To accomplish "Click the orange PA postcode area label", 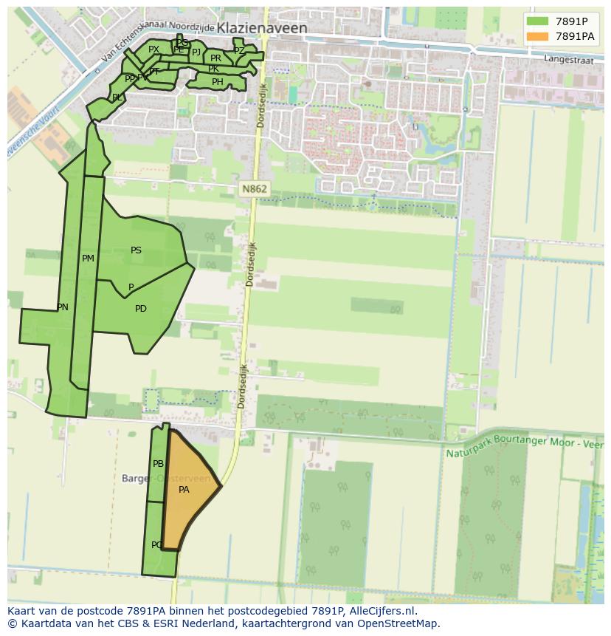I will click(184, 489).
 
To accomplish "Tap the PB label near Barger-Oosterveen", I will click(158, 464).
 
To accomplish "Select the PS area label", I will click(136, 250).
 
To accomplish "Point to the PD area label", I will click(141, 309).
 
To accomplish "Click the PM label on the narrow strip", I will click(88, 259).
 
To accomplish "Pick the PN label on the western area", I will click(63, 307).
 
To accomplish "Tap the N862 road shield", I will click(254, 189).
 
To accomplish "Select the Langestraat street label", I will click(568, 59).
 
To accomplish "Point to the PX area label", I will click(153, 49).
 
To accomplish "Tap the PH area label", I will click(217, 82).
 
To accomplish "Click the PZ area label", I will click(239, 51).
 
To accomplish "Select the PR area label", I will click(215, 58).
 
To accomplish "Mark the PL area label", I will click(117, 98).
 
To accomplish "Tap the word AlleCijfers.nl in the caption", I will click(382, 611).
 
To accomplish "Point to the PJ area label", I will click(196, 52).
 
